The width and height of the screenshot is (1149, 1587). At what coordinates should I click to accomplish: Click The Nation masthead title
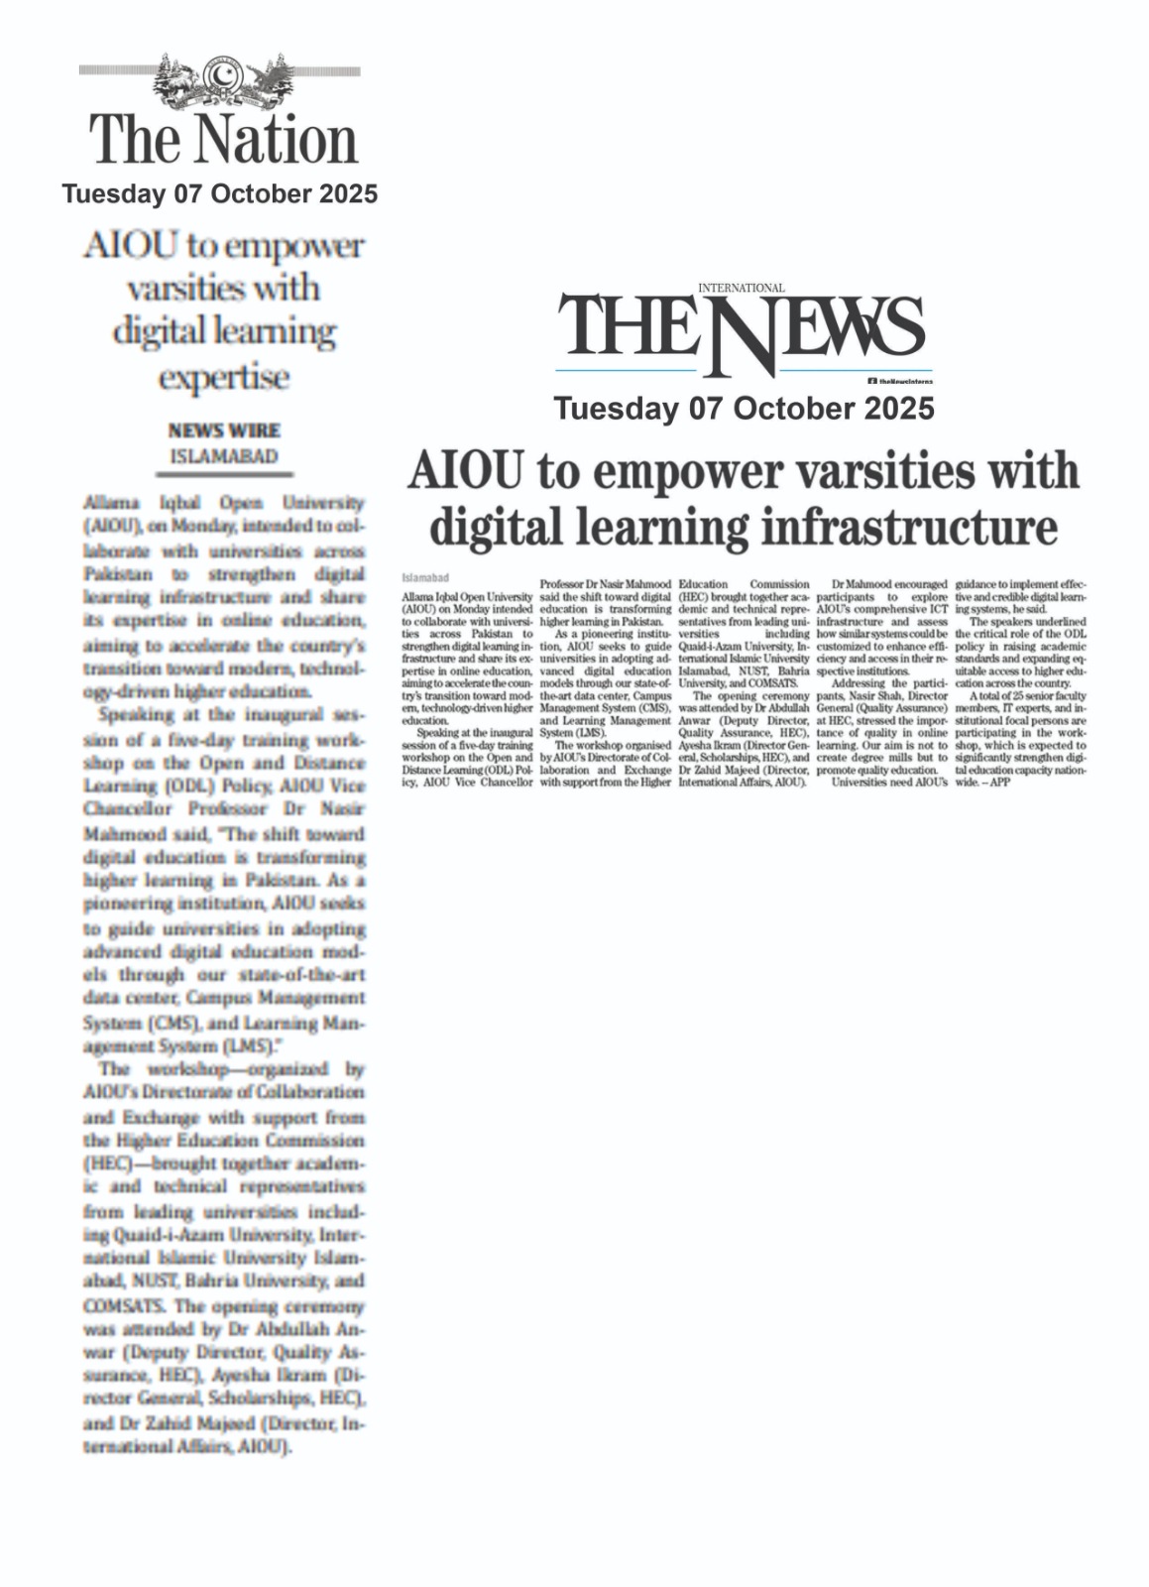click(x=224, y=140)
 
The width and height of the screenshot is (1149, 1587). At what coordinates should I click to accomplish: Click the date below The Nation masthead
click(x=219, y=193)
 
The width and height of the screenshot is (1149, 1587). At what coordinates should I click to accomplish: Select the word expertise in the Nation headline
click(x=224, y=377)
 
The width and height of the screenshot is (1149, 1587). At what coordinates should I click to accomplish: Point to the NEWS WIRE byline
click(x=224, y=430)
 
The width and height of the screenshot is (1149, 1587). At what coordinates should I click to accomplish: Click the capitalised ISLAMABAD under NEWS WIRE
click(x=224, y=456)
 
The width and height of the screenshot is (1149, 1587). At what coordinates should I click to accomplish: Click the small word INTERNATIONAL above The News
click(x=741, y=288)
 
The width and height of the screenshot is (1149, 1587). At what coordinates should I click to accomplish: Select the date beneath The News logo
click(x=744, y=409)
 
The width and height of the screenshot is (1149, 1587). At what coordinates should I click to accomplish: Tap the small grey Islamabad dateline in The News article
click(x=425, y=576)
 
